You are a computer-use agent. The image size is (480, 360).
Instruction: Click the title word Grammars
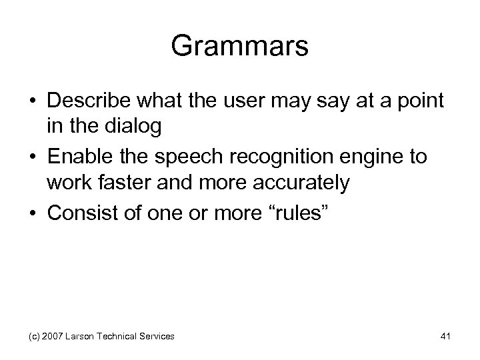tap(239, 46)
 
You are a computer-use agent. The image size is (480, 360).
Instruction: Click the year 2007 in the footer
tap(51, 337)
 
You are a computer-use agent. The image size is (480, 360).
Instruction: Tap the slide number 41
tap(445, 337)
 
